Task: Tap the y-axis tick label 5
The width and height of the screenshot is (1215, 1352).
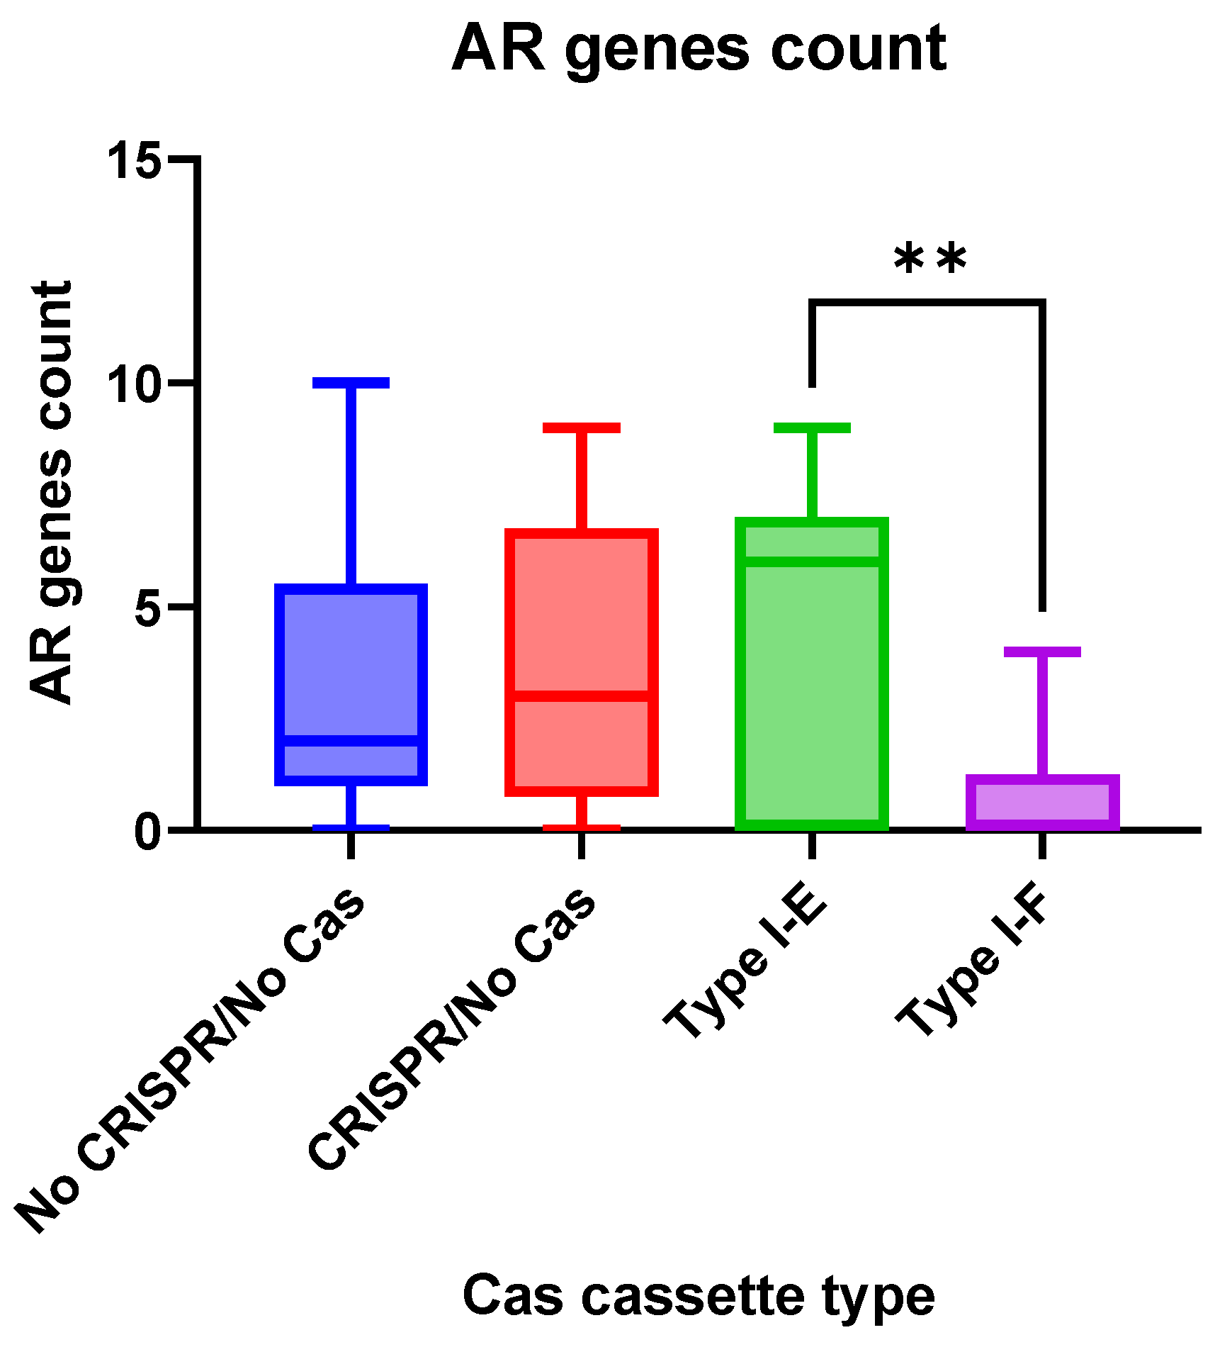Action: tap(149, 607)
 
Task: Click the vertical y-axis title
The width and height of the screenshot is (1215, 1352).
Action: tap(51, 493)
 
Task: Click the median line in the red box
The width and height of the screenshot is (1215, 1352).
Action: tap(581, 695)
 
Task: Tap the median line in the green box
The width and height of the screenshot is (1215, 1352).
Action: tap(812, 562)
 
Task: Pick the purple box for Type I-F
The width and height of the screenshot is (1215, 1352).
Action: tap(1042, 802)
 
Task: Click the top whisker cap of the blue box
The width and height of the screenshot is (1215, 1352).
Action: tap(351, 383)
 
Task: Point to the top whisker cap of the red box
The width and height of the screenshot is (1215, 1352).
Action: tap(581, 428)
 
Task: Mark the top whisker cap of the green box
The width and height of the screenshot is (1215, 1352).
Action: tap(812, 428)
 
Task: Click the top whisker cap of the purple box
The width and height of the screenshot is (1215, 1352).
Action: tap(1042, 652)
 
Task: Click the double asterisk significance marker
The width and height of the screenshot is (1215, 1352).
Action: tap(929, 259)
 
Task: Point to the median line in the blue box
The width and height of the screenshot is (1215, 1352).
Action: tap(351, 741)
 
